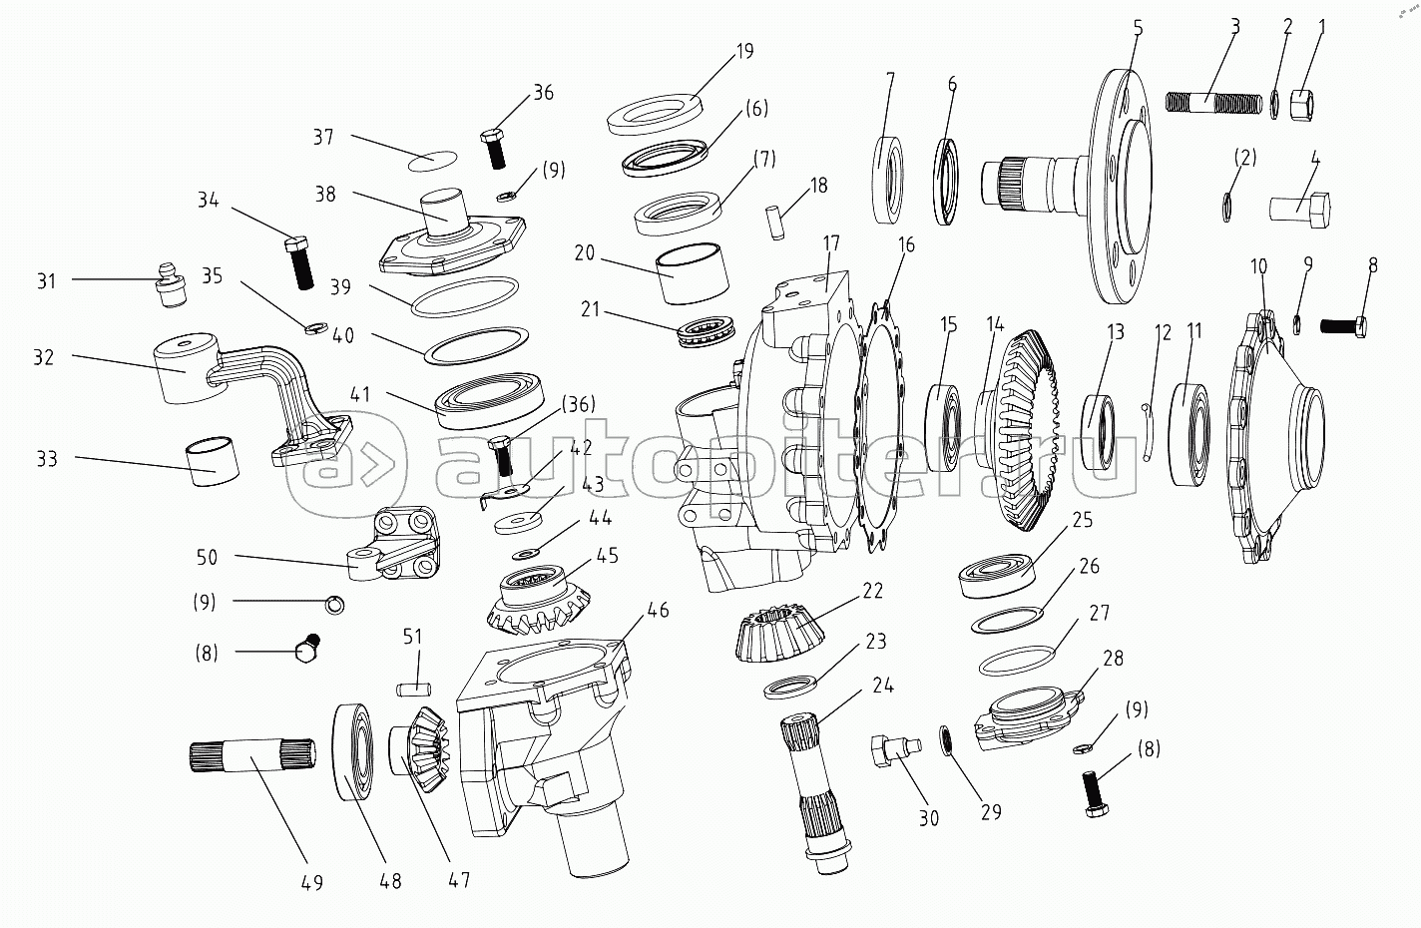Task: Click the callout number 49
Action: pyautogui.click(x=312, y=882)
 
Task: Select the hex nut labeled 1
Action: pyautogui.click(x=1302, y=103)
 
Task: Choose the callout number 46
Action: pyautogui.click(x=658, y=610)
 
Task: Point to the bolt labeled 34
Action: pyautogui.click(x=299, y=261)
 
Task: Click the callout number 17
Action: pyautogui.click(x=832, y=242)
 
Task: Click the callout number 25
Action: pyautogui.click(x=1083, y=519)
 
